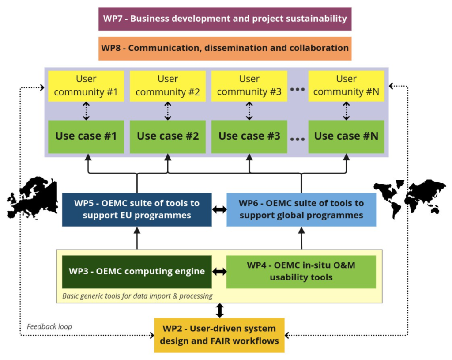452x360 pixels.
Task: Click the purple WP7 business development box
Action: [225, 19]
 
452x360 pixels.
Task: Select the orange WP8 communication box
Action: [225, 49]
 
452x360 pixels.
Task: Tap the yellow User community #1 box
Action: [86, 86]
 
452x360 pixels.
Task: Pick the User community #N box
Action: [346, 86]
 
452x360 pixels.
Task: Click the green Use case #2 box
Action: [168, 137]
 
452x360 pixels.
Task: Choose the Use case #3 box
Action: [249, 137]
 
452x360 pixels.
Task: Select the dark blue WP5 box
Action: [137, 210]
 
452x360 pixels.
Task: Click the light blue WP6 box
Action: [301, 210]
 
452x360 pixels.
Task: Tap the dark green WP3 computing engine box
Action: [137, 272]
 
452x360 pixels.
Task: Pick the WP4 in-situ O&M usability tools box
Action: [301, 272]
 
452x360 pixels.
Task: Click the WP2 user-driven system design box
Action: [219, 335]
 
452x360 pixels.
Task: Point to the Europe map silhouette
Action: [32, 197]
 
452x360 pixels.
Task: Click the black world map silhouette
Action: [410, 198]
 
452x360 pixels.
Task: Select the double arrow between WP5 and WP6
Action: [219, 210]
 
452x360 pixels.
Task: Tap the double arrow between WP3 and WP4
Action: [219, 272]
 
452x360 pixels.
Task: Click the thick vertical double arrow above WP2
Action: [220, 311]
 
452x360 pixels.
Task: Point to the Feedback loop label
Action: [49, 326]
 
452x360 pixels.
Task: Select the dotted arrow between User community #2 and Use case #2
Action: [168, 111]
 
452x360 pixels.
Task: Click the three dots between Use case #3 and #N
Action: [298, 139]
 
